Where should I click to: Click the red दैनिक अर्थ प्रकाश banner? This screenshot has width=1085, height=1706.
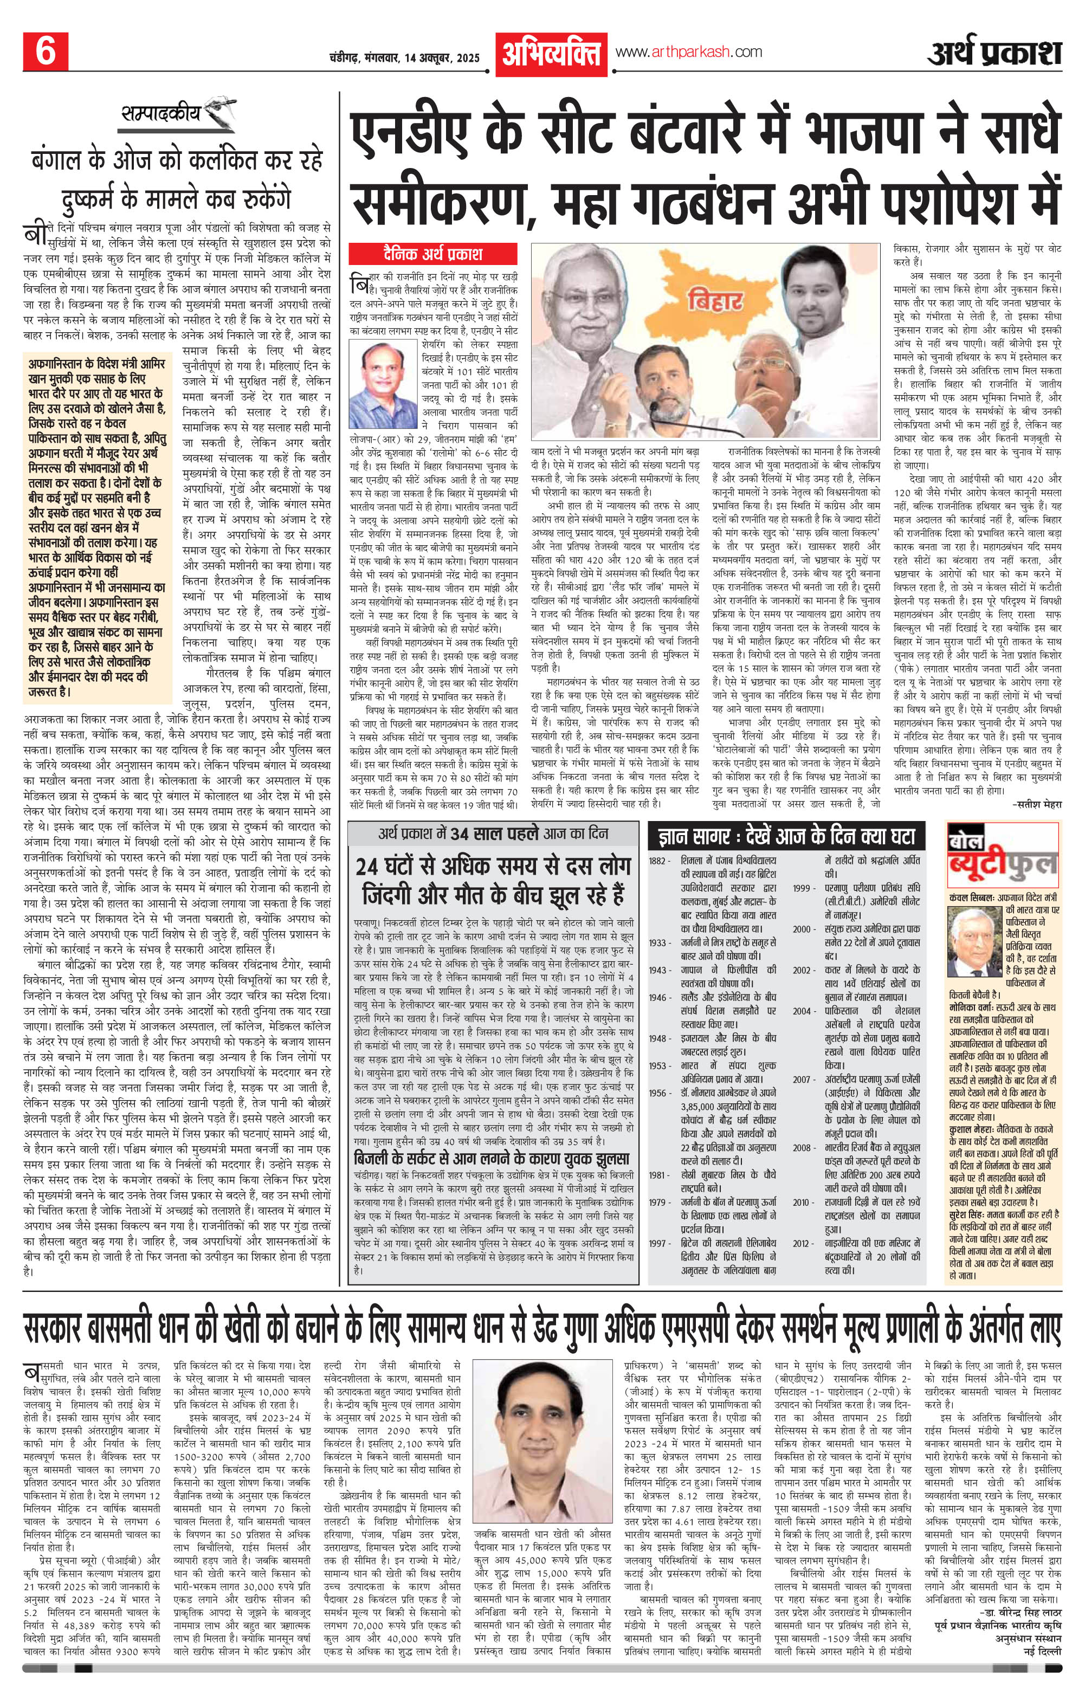click(x=435, y=253)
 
